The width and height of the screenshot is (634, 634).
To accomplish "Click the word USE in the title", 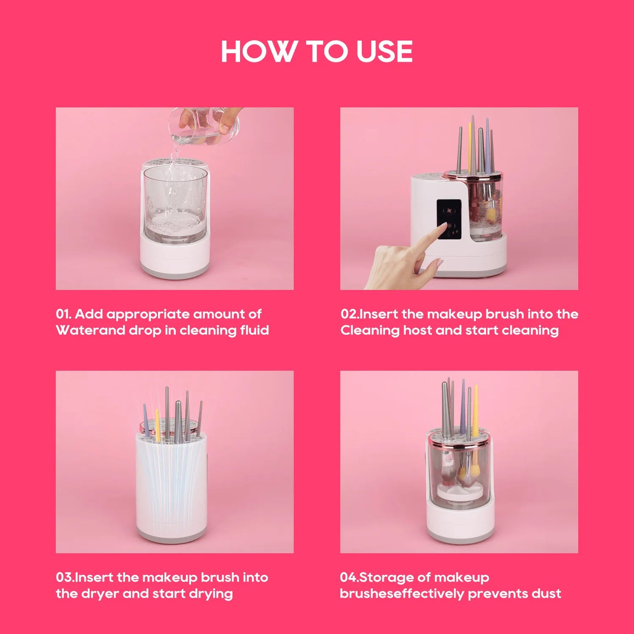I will (x=384, y=52).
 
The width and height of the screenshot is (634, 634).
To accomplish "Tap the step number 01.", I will (x=63, y=314).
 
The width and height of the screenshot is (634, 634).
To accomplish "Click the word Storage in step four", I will (x=386, y=577).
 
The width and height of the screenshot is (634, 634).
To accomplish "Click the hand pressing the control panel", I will (x=404, y=263).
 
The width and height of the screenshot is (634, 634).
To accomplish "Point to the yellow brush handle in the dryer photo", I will (x=158, y=425).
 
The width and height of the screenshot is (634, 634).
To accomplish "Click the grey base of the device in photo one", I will (x=175, y=272).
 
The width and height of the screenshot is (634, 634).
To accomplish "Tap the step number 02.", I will (x=349, y=314).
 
